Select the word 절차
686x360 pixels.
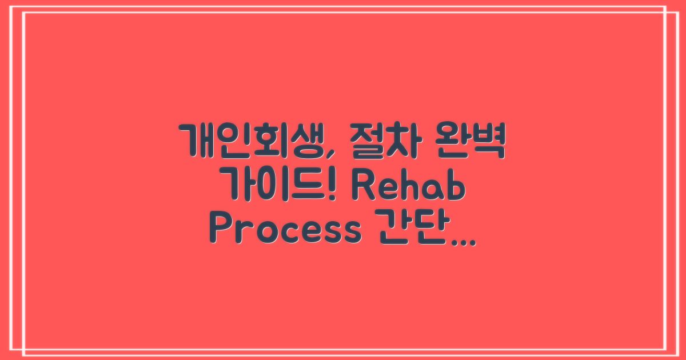[380, 139]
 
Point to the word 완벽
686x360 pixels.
[469, 139]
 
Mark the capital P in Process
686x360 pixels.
[218, 230]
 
